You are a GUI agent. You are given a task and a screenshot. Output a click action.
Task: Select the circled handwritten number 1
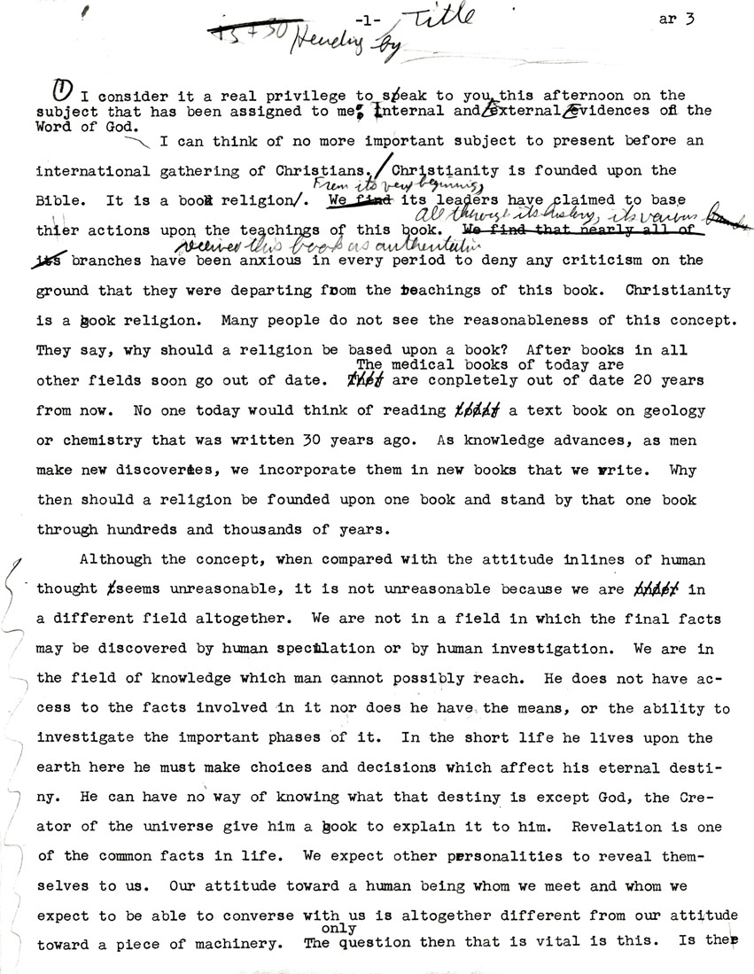63,90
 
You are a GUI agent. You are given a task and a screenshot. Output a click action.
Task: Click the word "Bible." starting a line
58,201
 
